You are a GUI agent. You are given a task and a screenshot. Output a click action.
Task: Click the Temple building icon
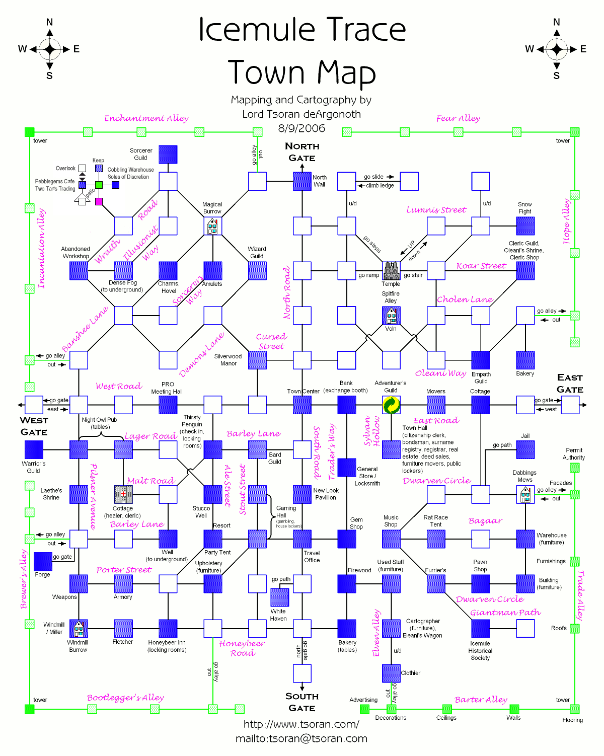point(391,271)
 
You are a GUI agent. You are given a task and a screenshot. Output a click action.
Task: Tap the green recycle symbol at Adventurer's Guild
point(391,405)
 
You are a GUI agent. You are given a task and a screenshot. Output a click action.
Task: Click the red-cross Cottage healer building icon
point(123,494)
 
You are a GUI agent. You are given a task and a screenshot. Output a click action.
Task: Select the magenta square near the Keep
point(99,201)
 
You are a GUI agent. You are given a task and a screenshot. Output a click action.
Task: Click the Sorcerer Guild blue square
point(168,155)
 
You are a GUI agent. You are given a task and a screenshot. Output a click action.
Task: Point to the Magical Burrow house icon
point(212,226)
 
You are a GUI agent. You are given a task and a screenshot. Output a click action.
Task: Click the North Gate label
point(302,152)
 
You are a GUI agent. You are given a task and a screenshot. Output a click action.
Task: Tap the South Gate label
point(302,702)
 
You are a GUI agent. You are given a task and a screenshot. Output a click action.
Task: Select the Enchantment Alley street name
point(146,118)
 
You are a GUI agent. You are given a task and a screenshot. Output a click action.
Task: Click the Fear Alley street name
point(458,118)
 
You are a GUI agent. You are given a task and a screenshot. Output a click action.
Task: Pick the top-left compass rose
point(49,49)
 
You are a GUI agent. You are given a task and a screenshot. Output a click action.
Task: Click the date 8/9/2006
point(301,128)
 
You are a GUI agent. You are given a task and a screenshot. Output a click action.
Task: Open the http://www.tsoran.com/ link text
point(301,724)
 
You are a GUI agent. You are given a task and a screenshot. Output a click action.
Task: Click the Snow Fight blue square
point(525,226)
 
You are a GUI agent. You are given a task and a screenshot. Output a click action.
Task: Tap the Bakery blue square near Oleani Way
point(525,360)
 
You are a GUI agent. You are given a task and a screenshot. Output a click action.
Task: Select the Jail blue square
point(525,449)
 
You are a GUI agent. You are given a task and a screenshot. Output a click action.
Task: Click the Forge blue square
point(43,561)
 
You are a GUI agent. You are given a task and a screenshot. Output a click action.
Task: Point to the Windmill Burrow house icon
point(79,629)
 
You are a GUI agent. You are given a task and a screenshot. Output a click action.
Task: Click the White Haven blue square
point(280,597)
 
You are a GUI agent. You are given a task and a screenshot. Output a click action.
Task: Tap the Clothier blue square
point(391,673)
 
